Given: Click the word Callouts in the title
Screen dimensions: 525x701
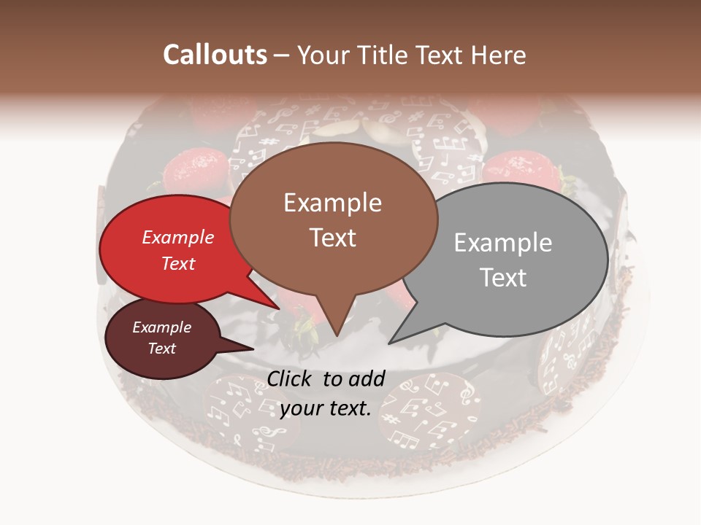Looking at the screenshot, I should [x=215, y=55].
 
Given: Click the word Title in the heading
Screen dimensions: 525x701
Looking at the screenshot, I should [x=385, y=55].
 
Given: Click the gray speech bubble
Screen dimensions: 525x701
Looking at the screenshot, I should [x=511, y=259].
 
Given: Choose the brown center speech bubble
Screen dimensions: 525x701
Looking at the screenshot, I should [x=332, y=219].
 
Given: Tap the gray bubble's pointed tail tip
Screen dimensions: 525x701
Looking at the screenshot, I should [x=389, y=343].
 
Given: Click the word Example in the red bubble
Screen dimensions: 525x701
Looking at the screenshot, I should [x=177, y=237].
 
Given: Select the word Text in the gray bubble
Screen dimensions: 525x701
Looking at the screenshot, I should [x=504, y=278].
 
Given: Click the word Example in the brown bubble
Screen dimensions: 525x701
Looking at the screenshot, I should [x=332, y=203].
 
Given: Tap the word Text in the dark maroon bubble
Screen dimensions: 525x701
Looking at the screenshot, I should [x=161, y=349].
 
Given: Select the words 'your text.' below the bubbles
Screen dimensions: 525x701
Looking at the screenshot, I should [x=325, y=408].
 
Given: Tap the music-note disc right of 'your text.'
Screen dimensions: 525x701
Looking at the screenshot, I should [x=430, y=412].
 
